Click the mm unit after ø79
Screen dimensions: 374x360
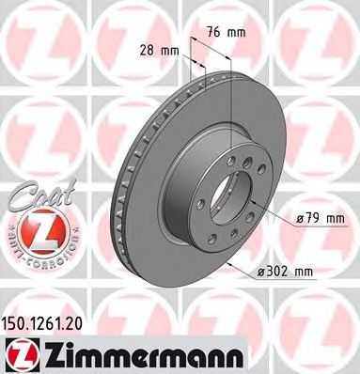(x=335, y=219)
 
